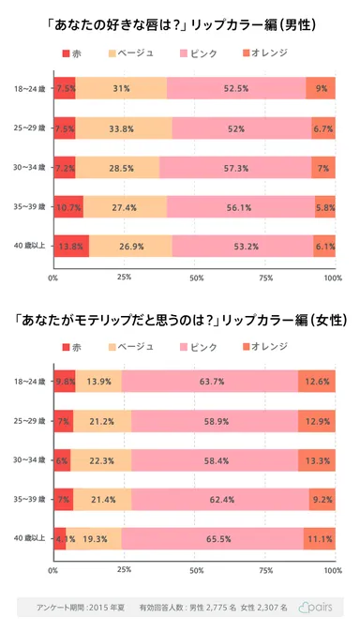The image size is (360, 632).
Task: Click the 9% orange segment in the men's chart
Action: tap(321, 89)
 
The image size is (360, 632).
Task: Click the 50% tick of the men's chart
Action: tap(196, 278)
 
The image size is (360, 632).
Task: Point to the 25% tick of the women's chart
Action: tap(124, 570)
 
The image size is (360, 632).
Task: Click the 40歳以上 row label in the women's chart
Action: tap(26, 538)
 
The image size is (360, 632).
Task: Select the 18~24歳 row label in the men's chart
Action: tap(26, 89)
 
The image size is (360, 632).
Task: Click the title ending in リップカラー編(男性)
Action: tap(180, 22)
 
